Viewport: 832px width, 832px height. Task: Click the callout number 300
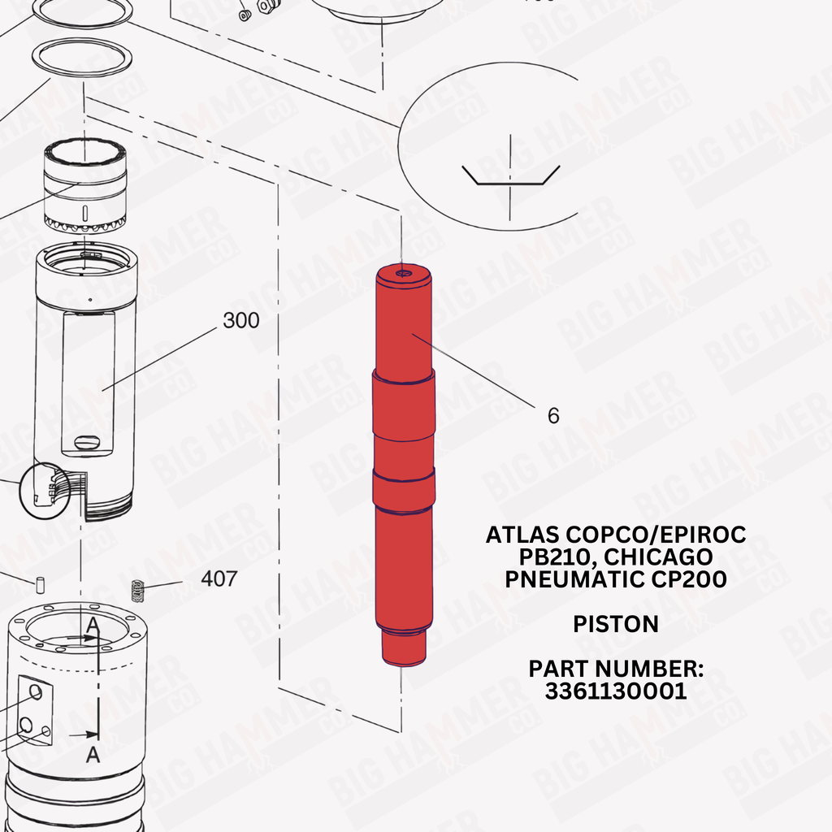click(240, 320)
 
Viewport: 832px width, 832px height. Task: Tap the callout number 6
click(553, 415)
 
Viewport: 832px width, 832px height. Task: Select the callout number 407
click(219, 578)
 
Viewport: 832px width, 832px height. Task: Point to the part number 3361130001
click(616, 691)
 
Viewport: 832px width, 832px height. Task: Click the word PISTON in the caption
click(616, 624)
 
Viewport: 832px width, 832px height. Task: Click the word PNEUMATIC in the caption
click(574, 578)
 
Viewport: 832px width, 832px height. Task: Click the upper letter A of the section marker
click(93, 625)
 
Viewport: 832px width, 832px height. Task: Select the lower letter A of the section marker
click(93, 754)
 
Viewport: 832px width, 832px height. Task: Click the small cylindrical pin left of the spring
click(40, 585)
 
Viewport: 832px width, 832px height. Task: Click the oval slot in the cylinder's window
click(88, 442)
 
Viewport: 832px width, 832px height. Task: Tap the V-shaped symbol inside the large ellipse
click(510, 175)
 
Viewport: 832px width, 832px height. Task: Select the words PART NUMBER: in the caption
click(616, 669)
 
